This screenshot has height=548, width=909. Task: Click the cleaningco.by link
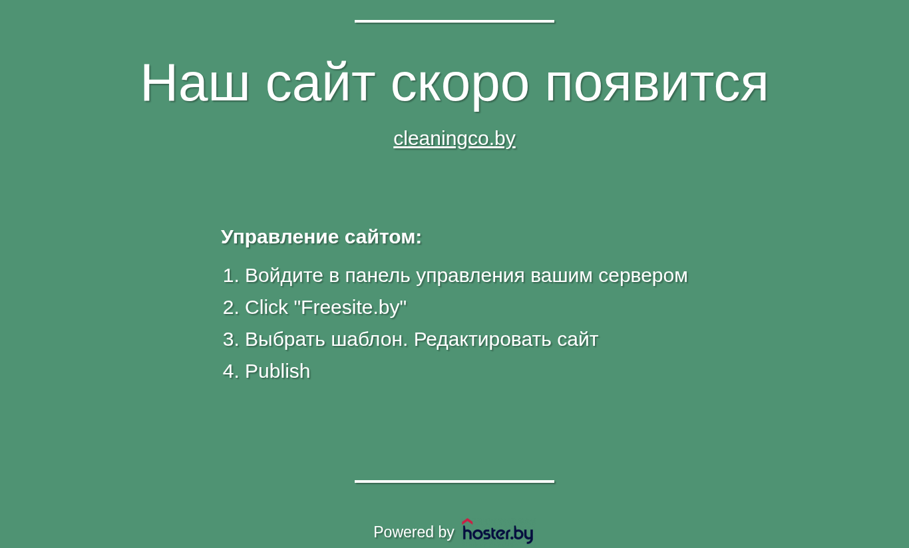[x=454, y=139]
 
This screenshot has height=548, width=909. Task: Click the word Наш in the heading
[x=194, y=82]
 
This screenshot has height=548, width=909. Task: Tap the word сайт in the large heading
[x=320, y=82]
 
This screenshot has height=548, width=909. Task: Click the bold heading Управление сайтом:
[x=321, y=237]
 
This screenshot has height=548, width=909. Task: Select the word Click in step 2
[x=267, y=307]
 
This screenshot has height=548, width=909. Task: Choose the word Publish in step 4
[x=277, y=371]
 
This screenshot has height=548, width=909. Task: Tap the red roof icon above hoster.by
[x=467, y=521]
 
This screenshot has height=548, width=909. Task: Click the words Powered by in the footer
[x=413, y=532]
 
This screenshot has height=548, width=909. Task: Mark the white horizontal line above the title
[x=454, y=21]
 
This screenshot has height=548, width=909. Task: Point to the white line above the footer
[x=454, y=481]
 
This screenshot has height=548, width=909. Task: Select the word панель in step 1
[x=377, y=276]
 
